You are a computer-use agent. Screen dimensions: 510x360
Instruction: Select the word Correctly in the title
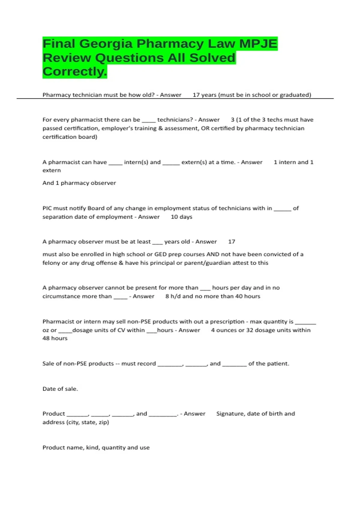[74, 72]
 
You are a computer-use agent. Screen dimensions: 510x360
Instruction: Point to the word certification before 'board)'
[59, 137]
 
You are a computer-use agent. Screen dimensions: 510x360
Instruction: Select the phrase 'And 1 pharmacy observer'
[79, 183]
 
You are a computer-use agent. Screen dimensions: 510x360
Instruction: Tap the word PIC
[47, 208]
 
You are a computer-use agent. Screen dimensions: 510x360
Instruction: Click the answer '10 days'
[181, 217]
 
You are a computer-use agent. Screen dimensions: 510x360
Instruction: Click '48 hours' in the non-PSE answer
[55, 338]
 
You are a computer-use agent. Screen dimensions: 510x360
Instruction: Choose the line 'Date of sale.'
[60, 389]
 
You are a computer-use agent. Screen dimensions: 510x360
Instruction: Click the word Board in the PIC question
[94, 208]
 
